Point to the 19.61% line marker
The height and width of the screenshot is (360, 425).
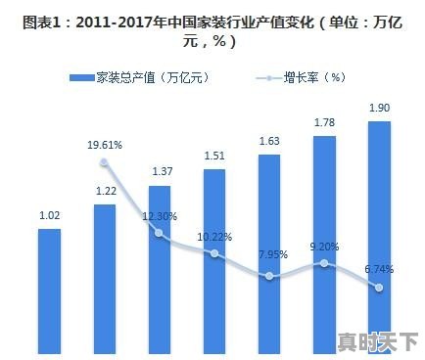[105, 161]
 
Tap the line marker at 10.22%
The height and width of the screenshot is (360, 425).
[214, 253]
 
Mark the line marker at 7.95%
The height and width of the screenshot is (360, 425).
[270, 276]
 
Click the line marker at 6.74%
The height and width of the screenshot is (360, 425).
[380, 288]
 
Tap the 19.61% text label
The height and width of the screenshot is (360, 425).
[105, 145]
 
